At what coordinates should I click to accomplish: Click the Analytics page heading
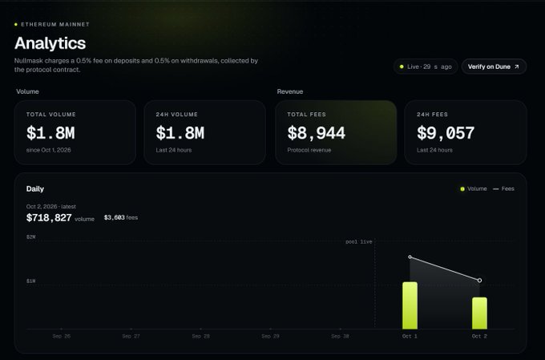pos(50,43)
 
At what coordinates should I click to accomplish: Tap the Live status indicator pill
pos(426,67)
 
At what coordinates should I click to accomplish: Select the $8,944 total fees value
pos(317,133)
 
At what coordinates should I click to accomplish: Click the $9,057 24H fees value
pos(446,133)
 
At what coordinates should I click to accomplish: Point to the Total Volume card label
pos(51,115)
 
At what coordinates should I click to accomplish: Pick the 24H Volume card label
pos(176,115)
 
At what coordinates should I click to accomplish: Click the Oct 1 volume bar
pos(410,305)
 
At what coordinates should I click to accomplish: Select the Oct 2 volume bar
pos(479,313)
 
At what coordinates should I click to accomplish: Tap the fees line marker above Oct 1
pos(410,257)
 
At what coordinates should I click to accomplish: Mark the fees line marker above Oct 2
pos(479,281)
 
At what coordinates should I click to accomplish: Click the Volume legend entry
pos(474,189)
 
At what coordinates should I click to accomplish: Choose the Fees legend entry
pos(503,189)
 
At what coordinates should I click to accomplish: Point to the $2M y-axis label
pos(31,237)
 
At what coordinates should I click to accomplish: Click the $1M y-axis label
pos(31,281)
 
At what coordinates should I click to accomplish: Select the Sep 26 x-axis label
pos(62,337)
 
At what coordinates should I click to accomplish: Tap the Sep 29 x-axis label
pos(270,337)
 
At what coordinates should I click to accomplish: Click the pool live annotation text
pos(359,242)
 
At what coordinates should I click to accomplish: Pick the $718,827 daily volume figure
pos(49,218)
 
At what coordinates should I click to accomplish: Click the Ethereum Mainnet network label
pos(55,24)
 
